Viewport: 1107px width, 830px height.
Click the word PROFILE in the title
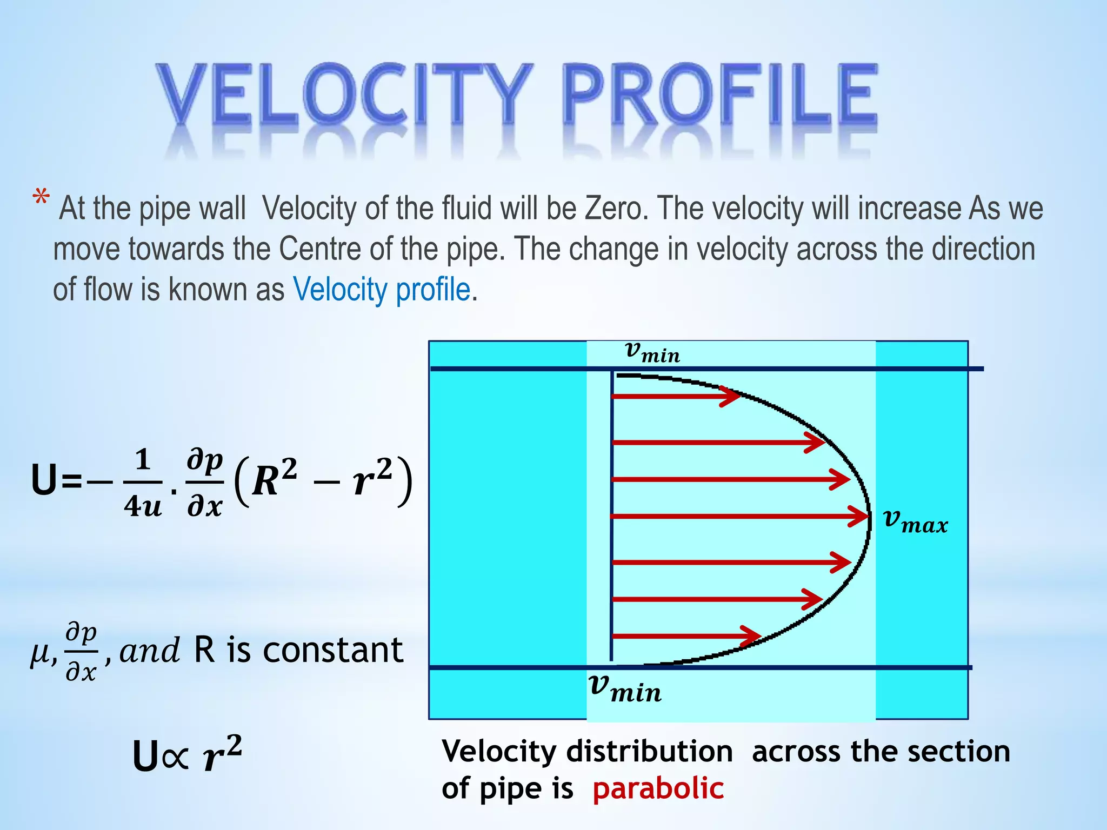pos(719,95)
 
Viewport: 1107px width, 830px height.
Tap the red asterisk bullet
pos(41,198)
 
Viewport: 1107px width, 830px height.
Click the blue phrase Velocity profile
pos(382,290)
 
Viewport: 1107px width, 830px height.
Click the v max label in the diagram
pos(915,521)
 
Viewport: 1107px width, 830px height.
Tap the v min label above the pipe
pos(652,352)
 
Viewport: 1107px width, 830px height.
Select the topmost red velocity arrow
pos(676,397)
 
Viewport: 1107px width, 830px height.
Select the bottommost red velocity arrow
pos(686,636)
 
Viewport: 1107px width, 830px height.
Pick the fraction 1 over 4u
pos(142,483)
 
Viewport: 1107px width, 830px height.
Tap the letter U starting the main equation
pos(44,480)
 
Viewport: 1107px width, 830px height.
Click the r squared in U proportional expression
pos(222,753)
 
